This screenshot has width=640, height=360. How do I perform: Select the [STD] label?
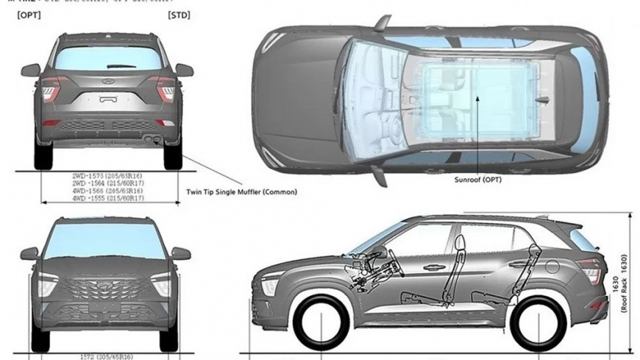pos(179,14)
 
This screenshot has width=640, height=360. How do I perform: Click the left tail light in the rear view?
pos(49,88)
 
